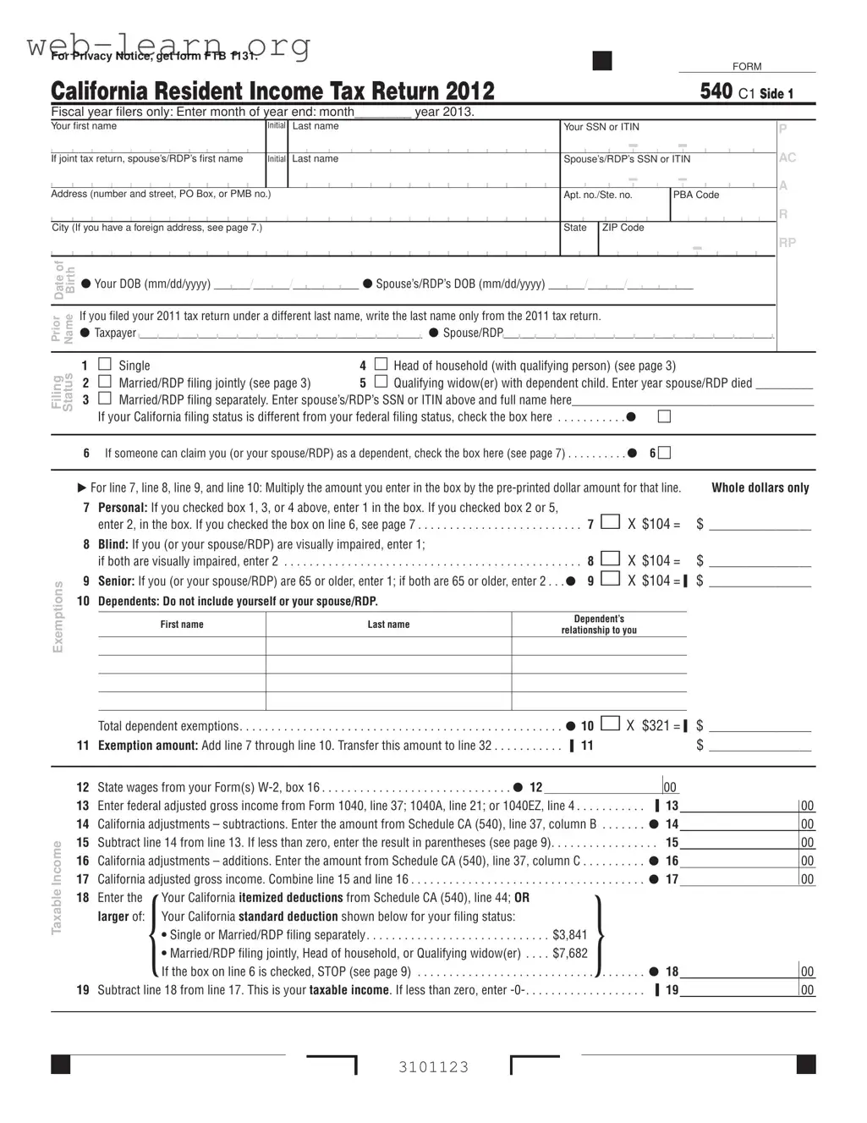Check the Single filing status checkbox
tap(105, 365)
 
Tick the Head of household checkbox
tap(381, 365)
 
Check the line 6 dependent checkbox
tap(665, 453)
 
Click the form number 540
tap(716, 91)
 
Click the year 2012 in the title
tap(469, 91)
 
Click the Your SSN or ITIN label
tap(601, 127)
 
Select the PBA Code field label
tap(696, 195)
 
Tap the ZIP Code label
tap(623, 228)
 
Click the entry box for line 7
tap(610, 522)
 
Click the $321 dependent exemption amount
tap(656, 725)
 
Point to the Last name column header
tap(388, 625)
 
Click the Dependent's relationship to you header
tap(599, 625)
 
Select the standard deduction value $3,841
tap(569, 935)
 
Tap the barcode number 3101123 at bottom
tap(434, 1067)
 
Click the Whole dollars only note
tap(760, 487)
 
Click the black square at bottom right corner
tap(805, 1064)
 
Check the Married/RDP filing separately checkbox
tap(105, 399)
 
